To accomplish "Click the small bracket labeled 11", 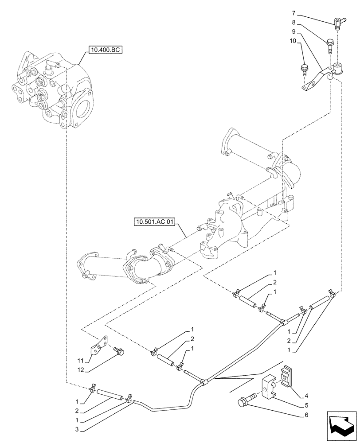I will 100,345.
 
